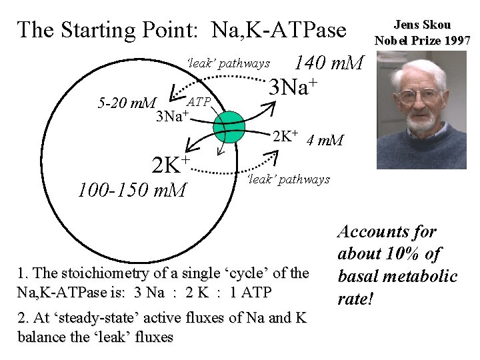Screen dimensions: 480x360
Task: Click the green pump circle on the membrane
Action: coord(229,127)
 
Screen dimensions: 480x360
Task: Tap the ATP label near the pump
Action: coord(199,102)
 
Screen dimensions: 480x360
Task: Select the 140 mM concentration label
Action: coord(329,63)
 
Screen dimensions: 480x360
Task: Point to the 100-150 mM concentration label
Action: coord(132,191)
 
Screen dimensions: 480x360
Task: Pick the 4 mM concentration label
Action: coord(325,140)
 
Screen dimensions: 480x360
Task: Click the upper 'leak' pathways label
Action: coord(229,63)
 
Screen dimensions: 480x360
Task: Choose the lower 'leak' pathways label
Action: coord(288,179)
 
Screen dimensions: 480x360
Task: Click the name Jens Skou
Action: coord(422,25)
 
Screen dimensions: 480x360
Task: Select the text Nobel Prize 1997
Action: coord(423,40)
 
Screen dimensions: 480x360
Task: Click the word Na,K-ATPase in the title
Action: coord(279,30)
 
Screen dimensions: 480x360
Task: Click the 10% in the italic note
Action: coord(405,254)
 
